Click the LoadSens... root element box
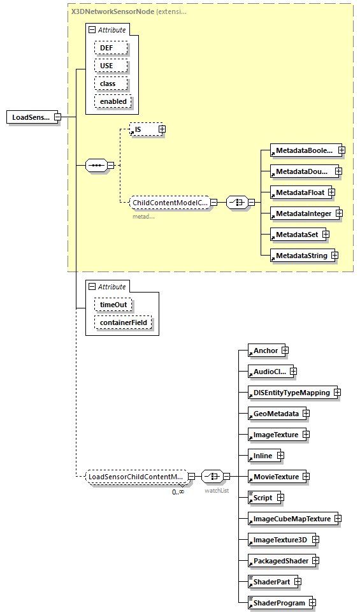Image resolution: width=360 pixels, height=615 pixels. [x=30, y=117]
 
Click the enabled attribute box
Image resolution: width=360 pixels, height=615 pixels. [x=113, y=101]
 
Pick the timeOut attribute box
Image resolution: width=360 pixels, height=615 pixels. [x=113, y=305]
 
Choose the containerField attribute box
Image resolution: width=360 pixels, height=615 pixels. [x=123, y=322]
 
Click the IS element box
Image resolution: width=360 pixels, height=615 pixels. [x=143, y=129]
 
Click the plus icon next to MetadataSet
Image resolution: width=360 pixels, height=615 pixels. [x=326, y=235]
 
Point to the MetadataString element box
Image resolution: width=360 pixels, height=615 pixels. [x=298, y=256]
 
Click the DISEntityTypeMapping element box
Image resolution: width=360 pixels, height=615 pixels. [x=290, y=393]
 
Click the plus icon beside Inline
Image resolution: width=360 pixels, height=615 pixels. [x=280, y=456]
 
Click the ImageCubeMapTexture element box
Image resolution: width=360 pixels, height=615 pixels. [x=290, y=519]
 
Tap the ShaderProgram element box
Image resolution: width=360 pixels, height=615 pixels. [x=277, y=603]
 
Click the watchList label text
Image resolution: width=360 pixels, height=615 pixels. [x=217, y=491]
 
